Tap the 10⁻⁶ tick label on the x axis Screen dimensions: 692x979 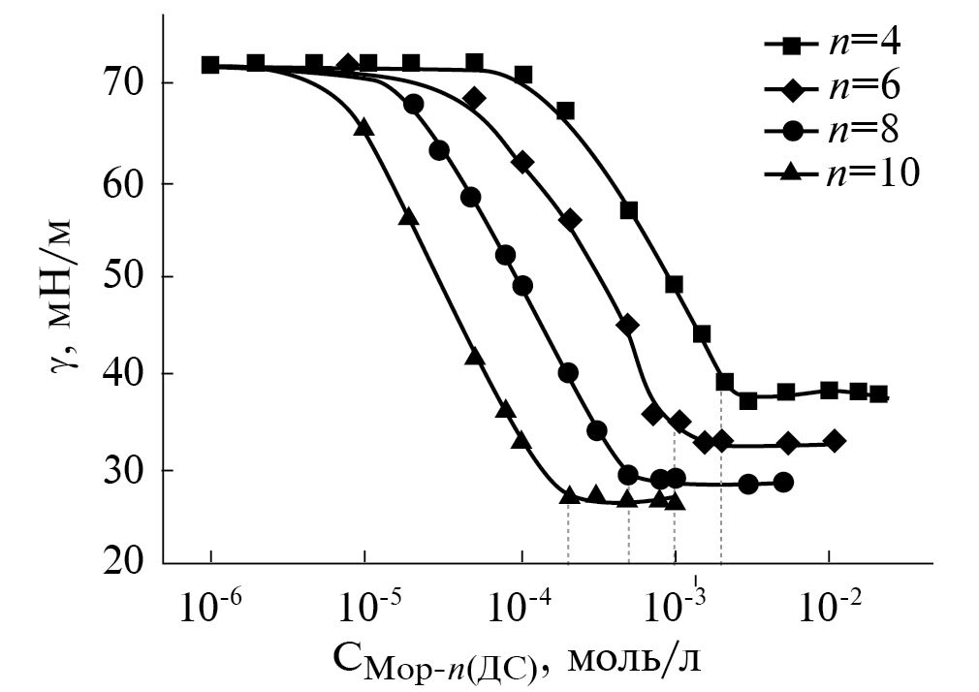(211, 608)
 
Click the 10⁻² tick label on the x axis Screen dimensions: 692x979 (830, 608)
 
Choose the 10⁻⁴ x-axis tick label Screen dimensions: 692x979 (521, 608)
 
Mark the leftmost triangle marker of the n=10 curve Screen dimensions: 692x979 (363, 126)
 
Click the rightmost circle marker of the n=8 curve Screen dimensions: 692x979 (783, 482)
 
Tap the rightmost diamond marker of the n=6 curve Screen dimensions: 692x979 (835, 441)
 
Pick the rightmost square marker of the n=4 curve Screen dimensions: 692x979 (878, 393)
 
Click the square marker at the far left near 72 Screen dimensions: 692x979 (210, 65)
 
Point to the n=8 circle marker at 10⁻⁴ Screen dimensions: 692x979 (522, 286)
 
